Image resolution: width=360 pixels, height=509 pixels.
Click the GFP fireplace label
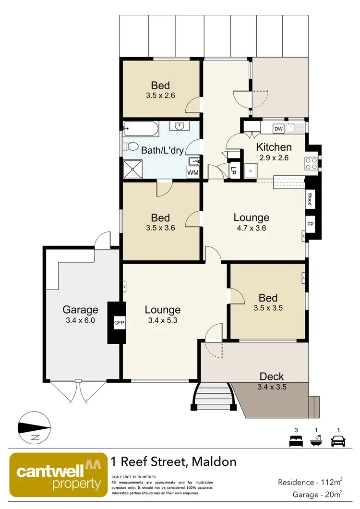coord(119,323)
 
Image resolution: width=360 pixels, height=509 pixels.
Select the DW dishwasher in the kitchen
coord(278,129)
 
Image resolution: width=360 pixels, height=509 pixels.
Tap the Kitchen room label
coord(274,147)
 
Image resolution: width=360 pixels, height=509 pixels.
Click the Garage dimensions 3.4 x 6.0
coord(80,321)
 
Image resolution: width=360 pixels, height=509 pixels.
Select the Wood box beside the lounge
coord(310,199)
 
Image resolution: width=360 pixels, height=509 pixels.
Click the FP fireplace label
coord(310,224)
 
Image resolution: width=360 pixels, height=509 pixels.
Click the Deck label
coord(272,376)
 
